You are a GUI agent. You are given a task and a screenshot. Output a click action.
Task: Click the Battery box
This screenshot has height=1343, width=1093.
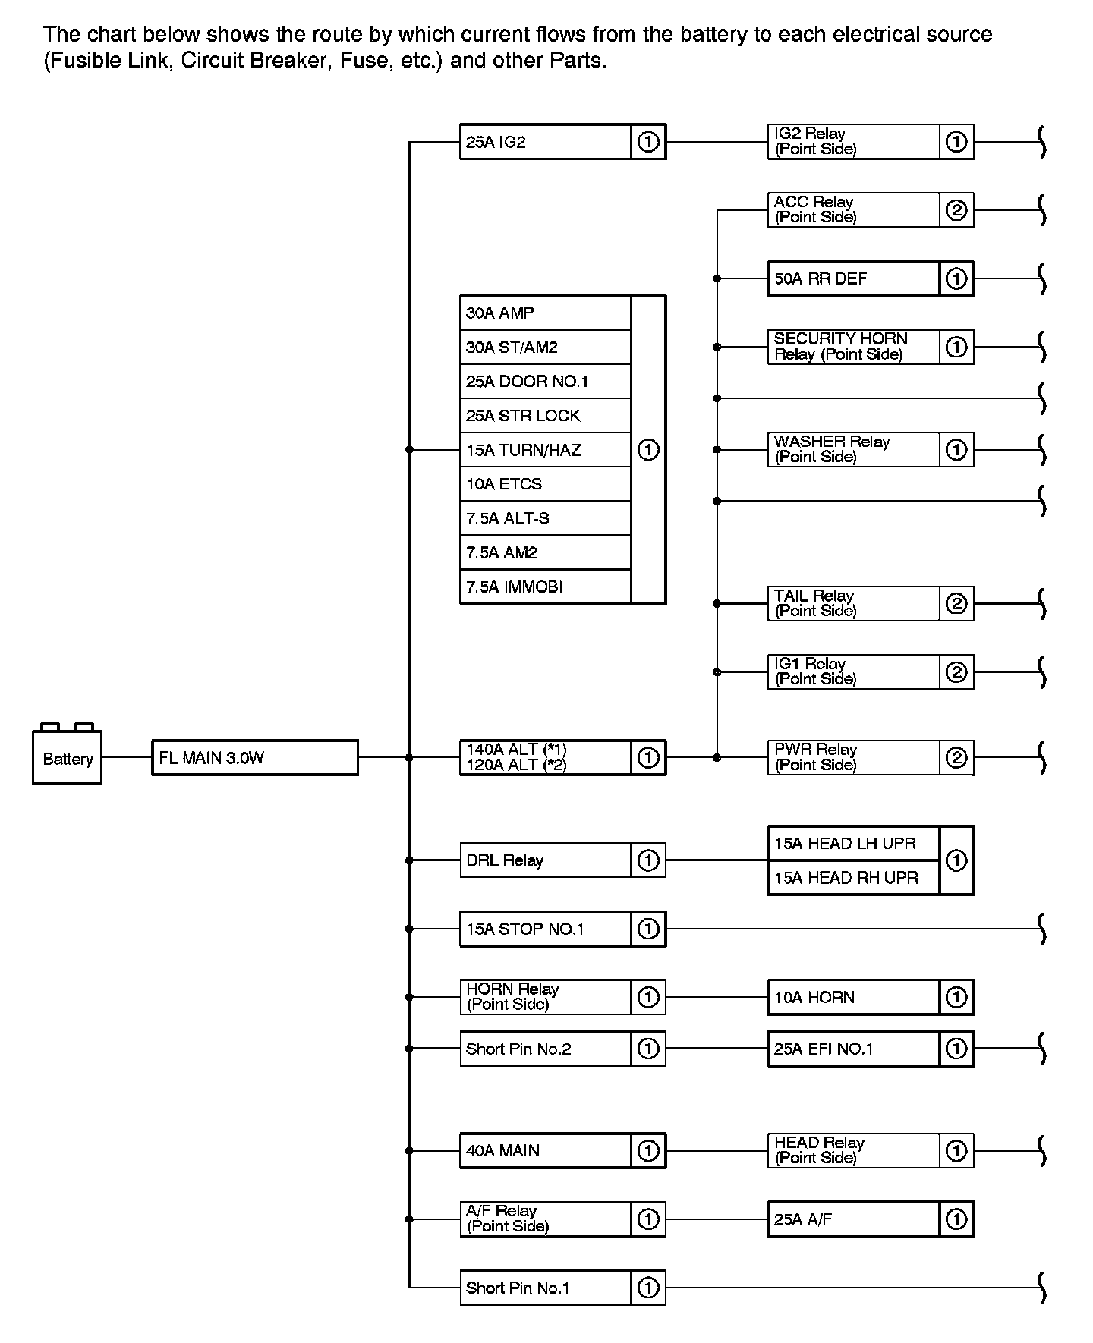[67, 757]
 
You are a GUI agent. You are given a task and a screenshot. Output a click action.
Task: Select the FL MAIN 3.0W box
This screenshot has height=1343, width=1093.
[254, 757]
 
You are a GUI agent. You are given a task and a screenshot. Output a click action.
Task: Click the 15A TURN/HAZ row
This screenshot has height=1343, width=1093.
[545, 450]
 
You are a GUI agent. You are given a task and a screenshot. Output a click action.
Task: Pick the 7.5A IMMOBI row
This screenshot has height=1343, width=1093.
[545, 587]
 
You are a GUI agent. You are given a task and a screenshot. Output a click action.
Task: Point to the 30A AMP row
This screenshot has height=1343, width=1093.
[545, 313]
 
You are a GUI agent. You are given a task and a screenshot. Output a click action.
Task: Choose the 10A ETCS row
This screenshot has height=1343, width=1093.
[545, 484]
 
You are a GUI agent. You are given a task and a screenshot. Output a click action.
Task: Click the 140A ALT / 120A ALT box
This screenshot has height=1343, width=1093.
[545, 757]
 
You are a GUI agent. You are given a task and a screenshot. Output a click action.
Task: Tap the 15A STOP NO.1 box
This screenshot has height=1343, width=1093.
[545, 929]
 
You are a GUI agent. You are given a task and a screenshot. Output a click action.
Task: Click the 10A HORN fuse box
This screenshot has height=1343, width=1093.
[853, 997]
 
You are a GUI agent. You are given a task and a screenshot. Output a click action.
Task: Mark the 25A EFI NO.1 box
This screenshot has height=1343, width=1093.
[853, 1049]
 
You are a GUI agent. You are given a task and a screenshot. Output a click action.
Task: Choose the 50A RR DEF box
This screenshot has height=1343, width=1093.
[853, 278]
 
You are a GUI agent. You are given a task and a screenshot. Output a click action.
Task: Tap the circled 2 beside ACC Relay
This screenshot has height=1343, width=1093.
[956, 210]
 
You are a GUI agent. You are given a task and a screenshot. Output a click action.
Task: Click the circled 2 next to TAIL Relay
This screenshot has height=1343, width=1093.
[956, 604]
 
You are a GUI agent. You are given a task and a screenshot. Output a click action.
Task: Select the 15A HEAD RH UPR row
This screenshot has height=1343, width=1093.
[853, 878]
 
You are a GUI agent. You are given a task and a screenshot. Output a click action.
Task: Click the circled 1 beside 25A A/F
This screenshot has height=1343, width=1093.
[956, 1219]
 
